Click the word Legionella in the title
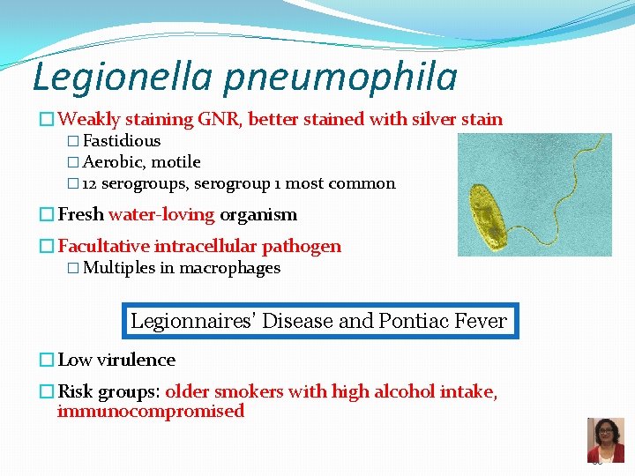coord(121,78)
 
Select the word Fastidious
coord(122,141)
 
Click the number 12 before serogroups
coord(90,184)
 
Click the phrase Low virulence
coord(116,360)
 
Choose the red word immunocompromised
coord(150,412)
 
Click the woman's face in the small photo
coord(605,435)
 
